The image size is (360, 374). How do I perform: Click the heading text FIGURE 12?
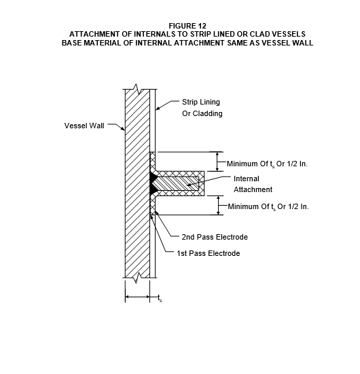pyautogui.click(x=187, y=26)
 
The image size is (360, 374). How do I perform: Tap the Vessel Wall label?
pyautogui.click(x=84, y=126)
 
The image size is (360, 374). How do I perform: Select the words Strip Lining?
pyautogui.click(x=201, y=102)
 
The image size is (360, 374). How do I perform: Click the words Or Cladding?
pyautogui.click(x=202, y=113)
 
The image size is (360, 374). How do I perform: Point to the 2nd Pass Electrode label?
pyautogui.click(x=215, y=237)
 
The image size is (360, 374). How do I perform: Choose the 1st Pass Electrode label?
pyautogui.click(x=208, y=253)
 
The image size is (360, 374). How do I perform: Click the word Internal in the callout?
pyautogui.click(x=247, y=179)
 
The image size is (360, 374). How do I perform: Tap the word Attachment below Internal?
pyautogui.click(x=253, y=189)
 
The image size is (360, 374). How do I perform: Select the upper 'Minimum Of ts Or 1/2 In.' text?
pyautogui.click(x=267, y=164)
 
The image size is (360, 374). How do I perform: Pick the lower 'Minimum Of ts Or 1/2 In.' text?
pyautogui.click(x=268, y=206)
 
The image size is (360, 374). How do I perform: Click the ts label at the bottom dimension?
pyautogui.click(x=160, y=298)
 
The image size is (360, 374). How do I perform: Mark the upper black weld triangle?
pyautogui.click(x=154, y=177)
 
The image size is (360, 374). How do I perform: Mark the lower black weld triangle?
pyautogui.click(x=154, y=189)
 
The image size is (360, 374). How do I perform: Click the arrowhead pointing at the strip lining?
pyautogui.click(x=158, y=109)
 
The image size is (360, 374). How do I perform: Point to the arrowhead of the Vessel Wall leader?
pyautogui.click(x=123, y=129)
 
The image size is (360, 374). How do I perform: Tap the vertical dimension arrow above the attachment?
pyautogui.click(x=217, y=162)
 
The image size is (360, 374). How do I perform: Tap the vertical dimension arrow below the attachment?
pyautogui.click(x=218, y=206)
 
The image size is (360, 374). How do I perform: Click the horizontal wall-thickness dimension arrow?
pyautogui.click(x=137, y=297)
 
